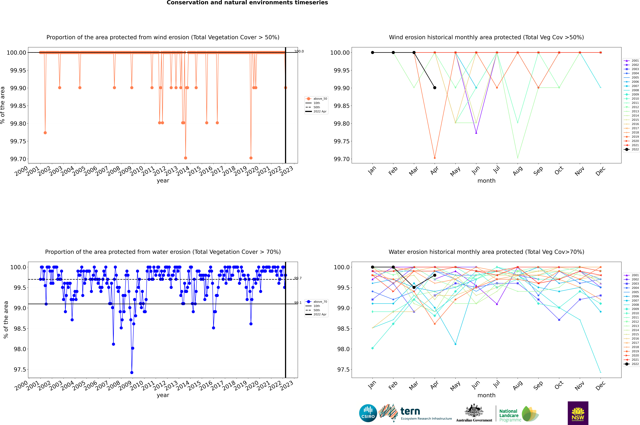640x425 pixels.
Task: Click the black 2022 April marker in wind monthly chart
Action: (x=435, y=88)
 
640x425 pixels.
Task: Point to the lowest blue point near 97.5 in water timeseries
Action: (x=132, y=372)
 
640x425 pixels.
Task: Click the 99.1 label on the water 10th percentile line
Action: (x=298, y=303)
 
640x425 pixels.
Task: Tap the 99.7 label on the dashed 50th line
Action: (x=298, y=278)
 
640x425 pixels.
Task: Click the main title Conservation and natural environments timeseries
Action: (x=247, y=3)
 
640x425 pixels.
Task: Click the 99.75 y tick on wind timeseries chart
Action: (x=18, y=141)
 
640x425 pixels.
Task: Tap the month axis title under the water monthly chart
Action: (x=486, y=395)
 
